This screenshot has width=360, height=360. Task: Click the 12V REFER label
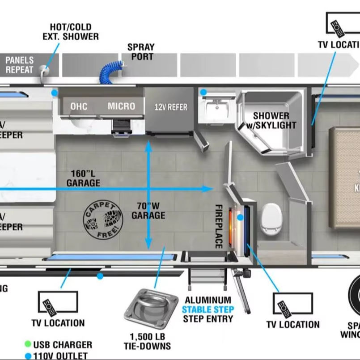tap(171, 107)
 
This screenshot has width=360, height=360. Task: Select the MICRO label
tap(121, 106)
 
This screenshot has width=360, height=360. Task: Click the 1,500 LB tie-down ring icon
tap(144, 309)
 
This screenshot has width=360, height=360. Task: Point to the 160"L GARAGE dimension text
tap(83, 178)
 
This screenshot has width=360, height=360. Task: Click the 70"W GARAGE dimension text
tap(148, 211)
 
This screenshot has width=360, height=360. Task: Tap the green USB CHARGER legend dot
tap(28, 345)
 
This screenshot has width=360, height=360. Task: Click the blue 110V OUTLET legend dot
tap(28, 356)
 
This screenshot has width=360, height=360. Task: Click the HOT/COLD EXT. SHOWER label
tap(71, 32)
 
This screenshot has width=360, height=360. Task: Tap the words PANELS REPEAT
tap(19, 65)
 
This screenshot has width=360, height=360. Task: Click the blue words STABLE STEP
tap(208, 309)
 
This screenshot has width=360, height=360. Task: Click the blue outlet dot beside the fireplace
tap(241, 217)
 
